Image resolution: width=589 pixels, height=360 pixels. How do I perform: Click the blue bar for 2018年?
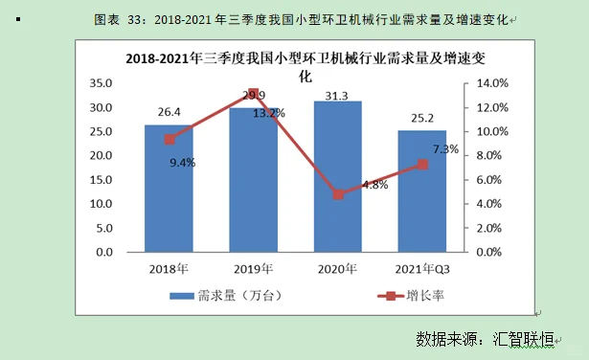click(x=169, y=191)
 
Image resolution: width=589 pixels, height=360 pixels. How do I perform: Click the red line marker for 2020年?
click(x=338, y=194)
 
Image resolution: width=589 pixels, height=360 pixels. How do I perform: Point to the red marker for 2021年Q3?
click(x=422, y=165)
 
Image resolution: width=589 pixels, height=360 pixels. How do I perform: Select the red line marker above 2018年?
click(x=170, y=139)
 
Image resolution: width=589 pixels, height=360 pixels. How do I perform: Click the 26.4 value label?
click(x=170, y=113)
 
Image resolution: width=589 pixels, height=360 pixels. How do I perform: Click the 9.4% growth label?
click(x=182, y=162)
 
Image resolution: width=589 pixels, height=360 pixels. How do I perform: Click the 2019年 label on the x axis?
click(x=253, y=266)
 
